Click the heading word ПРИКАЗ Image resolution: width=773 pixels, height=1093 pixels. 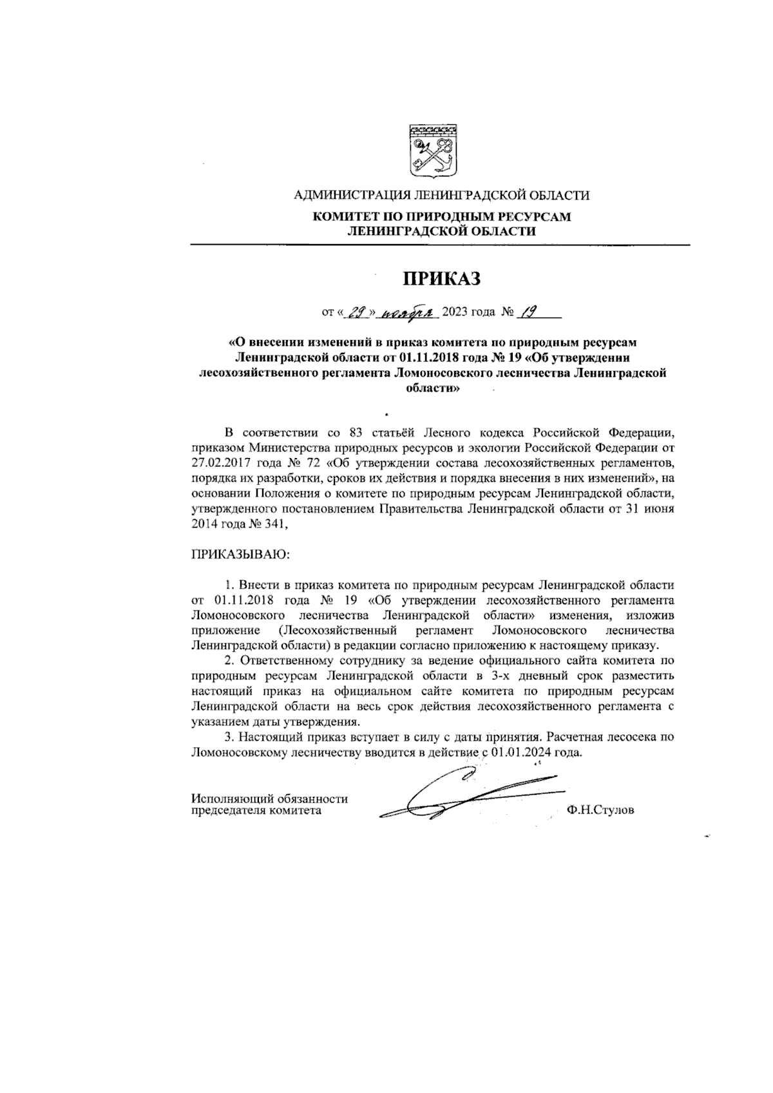(x=442, y=278)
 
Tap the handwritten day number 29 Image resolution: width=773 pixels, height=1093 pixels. (x=356, y=313)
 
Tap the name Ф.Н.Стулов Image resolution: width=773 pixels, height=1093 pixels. (x=600, y=810)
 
